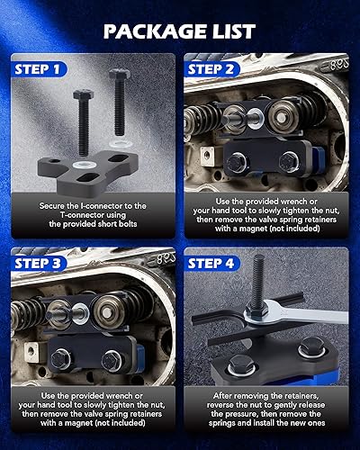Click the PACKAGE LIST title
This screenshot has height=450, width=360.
[x=180, y=31]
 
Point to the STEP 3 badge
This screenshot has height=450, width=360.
[x=41, y=264]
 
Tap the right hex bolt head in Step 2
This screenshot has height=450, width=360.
[x=291, y=163]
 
